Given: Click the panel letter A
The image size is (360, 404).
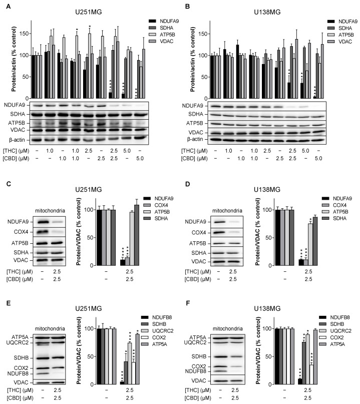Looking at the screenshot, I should tap(6, 7).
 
